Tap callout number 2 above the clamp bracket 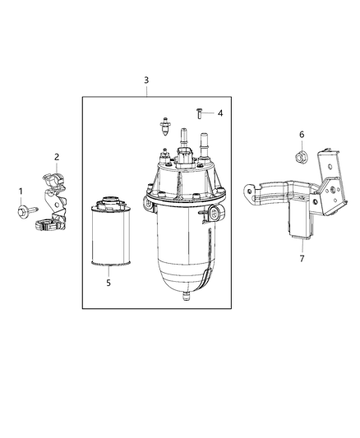pos(56,156)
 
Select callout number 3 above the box pos(146,80)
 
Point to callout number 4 pos(218,113)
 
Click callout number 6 pos(302,134)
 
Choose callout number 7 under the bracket pos(301,258)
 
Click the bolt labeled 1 pos(22,212)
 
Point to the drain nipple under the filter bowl pos(188,292)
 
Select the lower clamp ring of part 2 pos(44,220)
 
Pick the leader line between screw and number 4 pos(209,113)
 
